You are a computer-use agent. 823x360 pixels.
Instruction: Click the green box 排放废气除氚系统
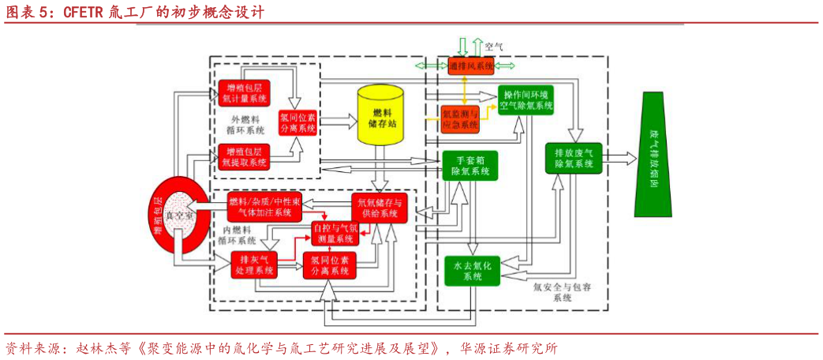574,157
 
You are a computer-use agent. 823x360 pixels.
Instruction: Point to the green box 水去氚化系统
471,271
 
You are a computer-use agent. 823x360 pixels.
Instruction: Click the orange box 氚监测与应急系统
458,118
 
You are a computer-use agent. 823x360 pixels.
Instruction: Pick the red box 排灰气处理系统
255,264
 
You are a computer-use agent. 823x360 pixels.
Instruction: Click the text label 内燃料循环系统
238,234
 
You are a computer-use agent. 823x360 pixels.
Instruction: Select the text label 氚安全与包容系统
561,292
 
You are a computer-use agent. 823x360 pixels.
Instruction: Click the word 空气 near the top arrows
494,47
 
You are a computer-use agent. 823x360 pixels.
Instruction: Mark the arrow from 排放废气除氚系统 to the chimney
620,157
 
